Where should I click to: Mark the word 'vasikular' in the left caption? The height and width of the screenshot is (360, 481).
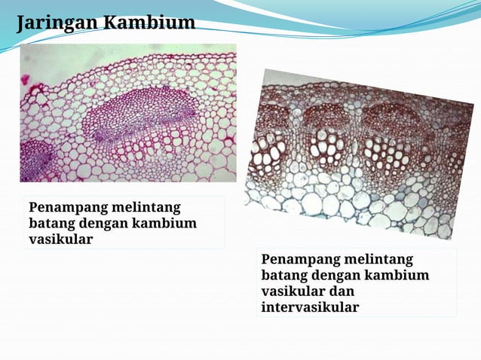[60, 239]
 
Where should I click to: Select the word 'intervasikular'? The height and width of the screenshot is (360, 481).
[310, 307]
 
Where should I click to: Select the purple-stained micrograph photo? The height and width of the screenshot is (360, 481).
[127, 113]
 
